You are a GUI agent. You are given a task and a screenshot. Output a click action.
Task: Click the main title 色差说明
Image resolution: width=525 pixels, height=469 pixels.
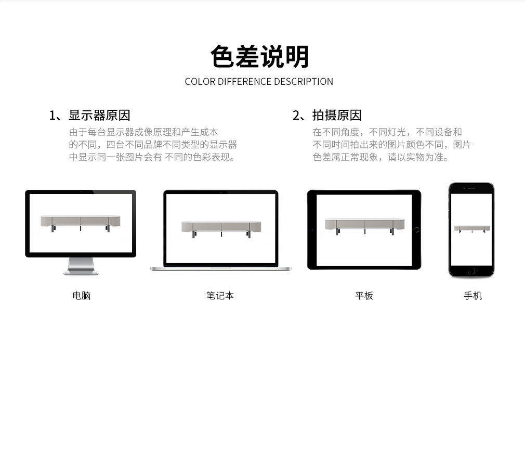259,57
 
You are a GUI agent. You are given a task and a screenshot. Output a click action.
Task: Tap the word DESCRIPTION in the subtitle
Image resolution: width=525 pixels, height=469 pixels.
304,81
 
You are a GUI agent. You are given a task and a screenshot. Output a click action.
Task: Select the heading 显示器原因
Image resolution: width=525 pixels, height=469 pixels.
99,116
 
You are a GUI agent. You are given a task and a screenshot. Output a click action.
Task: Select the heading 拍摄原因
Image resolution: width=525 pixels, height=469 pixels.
337,116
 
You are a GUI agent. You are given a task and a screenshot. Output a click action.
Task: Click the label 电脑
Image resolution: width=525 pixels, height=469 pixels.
82,296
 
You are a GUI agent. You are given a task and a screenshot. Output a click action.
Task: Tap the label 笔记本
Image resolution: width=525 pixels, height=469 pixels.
220,296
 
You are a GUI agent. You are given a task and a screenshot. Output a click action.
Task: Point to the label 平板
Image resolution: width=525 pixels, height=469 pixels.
364,296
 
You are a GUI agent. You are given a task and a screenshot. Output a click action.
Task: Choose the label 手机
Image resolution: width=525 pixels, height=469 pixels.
472,296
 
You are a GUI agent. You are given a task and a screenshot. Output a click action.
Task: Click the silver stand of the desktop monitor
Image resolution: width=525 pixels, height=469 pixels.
81,267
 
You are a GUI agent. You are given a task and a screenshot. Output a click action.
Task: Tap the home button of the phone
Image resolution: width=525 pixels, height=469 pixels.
471,271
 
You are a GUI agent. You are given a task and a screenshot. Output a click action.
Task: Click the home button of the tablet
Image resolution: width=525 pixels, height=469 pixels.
416,230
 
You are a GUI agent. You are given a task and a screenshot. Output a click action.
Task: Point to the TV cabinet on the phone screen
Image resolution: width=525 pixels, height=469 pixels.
472,229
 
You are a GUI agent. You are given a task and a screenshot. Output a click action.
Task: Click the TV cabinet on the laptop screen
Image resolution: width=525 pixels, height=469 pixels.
221,229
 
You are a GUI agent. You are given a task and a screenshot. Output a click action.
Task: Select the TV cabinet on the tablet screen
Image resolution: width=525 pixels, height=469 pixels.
364,226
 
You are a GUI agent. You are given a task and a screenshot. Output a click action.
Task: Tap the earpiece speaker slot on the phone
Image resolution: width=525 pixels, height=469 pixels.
472,188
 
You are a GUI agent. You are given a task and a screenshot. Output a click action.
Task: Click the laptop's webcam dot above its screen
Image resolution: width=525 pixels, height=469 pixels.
220,193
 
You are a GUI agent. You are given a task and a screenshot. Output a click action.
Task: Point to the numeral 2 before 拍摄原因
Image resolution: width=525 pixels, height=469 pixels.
296,116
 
